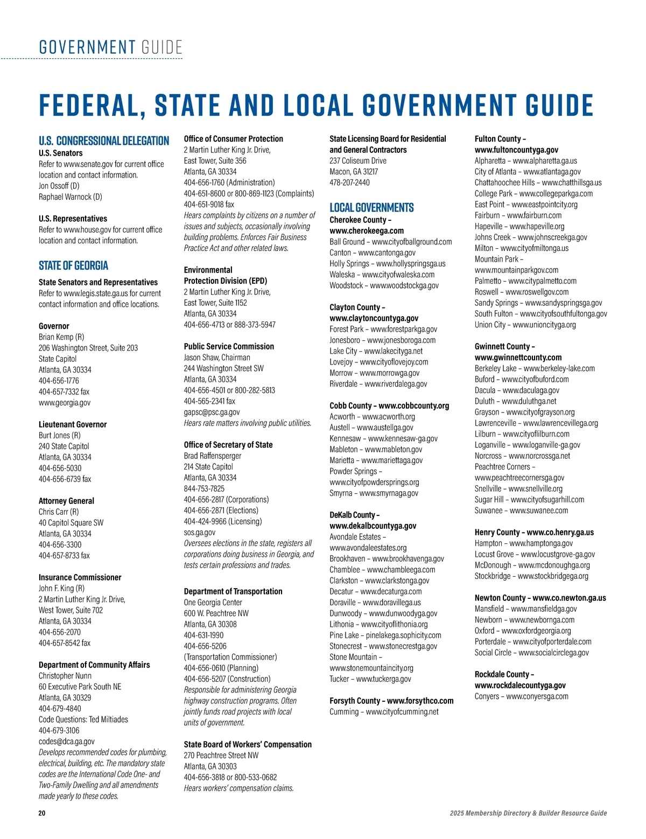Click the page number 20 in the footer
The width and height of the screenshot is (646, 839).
[42, 813]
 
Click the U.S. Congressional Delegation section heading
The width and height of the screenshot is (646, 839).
[104, 141]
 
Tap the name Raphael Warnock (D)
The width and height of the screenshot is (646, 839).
[70, 197]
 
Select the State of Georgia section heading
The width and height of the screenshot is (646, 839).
[73, 265]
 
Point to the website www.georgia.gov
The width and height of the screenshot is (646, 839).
[65, 403]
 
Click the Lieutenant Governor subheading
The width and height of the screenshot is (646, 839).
[73, 424]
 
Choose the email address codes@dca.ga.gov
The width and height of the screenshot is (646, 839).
[66, 742]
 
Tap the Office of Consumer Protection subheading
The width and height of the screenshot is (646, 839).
[233, 139]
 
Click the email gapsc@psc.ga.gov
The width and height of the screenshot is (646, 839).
[212, 412]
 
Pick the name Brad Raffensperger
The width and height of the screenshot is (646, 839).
[213, 456]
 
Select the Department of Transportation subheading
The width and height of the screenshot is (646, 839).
[233, 591]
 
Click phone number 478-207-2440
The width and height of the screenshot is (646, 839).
[349, 183]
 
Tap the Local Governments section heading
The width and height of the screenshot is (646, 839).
[371, 208]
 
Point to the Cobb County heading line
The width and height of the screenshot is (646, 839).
[389, 405]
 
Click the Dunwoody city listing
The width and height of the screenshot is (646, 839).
[383, 613]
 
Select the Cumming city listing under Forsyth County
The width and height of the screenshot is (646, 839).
[384, 712]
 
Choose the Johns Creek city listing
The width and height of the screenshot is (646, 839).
[531, 237]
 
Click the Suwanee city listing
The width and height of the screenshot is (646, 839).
[521, 511]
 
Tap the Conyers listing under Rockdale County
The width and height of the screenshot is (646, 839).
[521, 696]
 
